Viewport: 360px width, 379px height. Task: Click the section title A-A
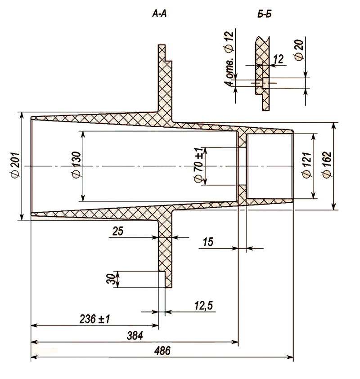[x=159, y=14]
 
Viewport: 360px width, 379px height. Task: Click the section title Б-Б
[x=265, y=14]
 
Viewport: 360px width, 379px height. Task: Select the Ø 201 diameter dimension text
[x=15, y=165]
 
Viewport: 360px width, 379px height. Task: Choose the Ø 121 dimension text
[x=307, y=165]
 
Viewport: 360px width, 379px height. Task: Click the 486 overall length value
[x=162, y=351]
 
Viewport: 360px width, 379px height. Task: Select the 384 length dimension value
[x=135, y=335]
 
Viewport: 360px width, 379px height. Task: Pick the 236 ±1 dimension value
[x=94, y=319]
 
